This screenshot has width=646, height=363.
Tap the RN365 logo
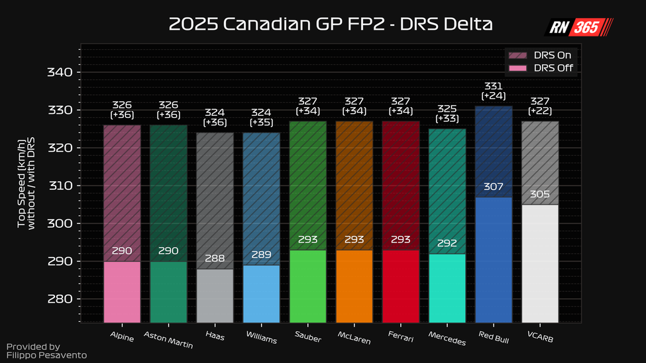(579, 27)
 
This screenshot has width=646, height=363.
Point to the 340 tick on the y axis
(59, 72)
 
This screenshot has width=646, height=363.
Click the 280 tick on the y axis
(59, 299)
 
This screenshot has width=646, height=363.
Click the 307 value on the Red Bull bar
(493, 187)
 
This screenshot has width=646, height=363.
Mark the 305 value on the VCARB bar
(539, 195)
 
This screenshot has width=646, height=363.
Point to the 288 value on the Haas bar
(215, 259)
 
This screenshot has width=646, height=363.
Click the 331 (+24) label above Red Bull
(493, 91)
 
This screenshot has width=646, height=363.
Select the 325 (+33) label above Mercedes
(447, 113)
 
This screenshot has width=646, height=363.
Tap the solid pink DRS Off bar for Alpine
(122, 291)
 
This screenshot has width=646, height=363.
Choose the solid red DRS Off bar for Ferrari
(400, 286)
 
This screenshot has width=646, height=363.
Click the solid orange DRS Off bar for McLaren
(354, 286)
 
